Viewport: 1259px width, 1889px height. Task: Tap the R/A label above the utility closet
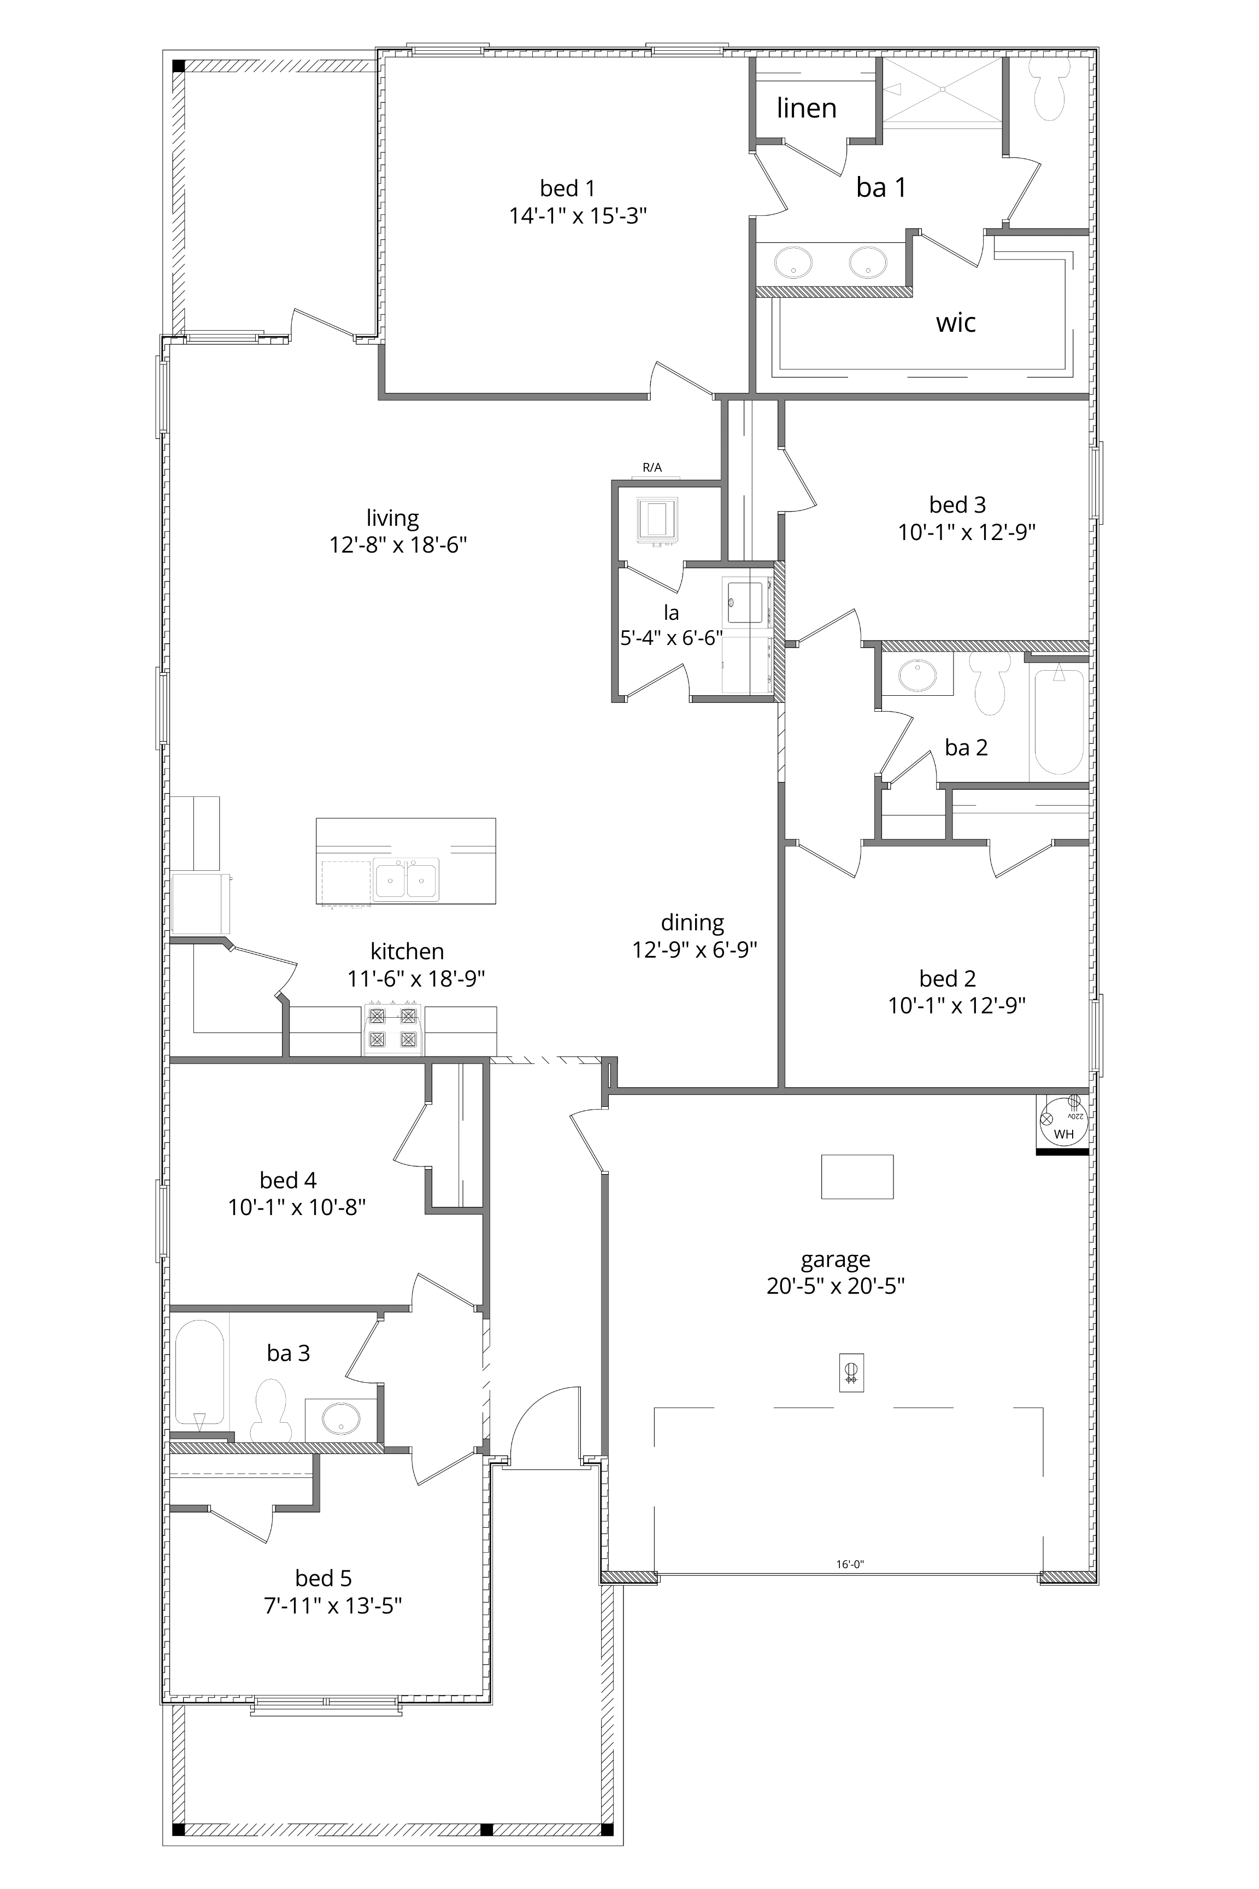click(652, 467)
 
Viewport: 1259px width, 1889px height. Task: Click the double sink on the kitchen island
click(407, 880)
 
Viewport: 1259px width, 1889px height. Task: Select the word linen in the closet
click(806, 108)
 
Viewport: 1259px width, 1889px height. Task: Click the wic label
click(956, 323)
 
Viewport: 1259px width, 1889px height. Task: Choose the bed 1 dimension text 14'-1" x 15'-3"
click(578, 216)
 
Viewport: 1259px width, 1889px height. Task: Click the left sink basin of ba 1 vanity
click(792, 262)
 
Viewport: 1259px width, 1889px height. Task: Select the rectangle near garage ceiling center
click(857, 1177)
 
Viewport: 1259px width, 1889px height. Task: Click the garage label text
click(835, 1259)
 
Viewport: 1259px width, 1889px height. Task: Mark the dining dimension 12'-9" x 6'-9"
click(695, 950)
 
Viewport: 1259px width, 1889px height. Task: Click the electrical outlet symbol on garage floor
click(851, 1372)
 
